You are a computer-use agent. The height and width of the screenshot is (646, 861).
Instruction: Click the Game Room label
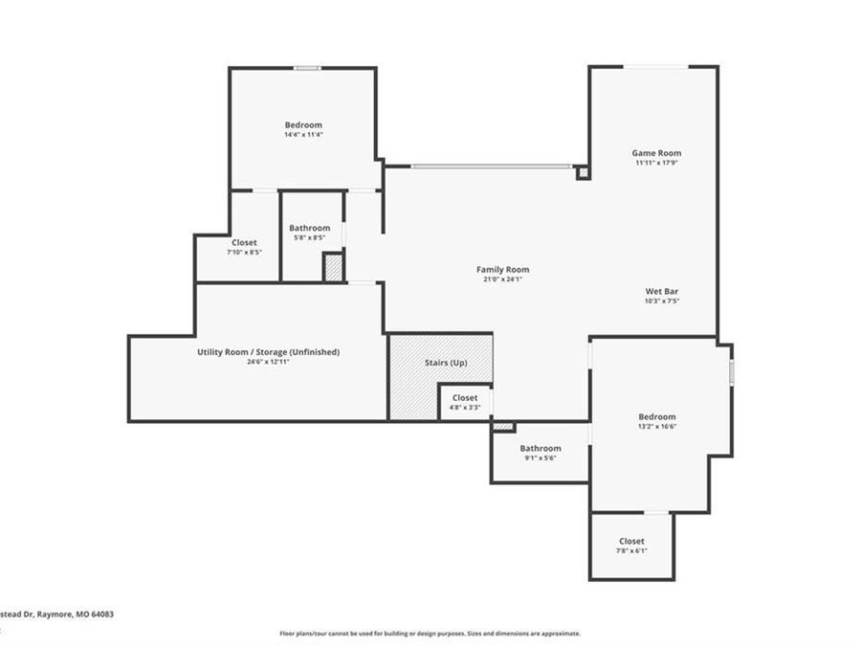point(656,153)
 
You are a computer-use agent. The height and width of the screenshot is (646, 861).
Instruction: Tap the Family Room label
point(502,270)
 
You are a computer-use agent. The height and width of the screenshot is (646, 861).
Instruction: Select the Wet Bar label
point(662,291)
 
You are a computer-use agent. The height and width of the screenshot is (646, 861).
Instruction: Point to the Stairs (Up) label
point(446,364)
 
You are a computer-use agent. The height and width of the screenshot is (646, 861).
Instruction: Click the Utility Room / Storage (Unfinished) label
point(268,352)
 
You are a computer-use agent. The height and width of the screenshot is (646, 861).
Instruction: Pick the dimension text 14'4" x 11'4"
point(303,135)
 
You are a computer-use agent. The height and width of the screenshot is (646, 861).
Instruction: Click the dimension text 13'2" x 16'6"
point(657,427)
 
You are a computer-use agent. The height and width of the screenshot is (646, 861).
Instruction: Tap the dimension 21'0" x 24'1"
point(502,280)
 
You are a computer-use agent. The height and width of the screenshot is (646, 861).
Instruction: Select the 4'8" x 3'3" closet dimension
point(465,408)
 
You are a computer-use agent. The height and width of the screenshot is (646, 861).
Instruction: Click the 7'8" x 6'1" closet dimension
point(631,551)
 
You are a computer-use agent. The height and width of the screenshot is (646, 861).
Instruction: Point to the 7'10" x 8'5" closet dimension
point(244,253)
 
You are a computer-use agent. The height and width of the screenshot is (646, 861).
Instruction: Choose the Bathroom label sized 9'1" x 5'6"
point(541,448)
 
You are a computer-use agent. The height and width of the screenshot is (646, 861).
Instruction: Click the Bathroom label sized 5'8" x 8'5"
point(310,228)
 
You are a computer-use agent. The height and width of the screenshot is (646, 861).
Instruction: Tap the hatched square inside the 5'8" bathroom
point(333,267)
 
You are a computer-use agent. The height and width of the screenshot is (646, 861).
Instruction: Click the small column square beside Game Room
point(583,173)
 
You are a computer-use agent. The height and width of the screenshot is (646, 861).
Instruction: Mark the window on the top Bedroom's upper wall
point(306,68)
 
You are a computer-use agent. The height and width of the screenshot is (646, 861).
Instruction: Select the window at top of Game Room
point(655,66)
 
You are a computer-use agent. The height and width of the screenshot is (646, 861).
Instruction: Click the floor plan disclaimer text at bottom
point(430,634)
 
